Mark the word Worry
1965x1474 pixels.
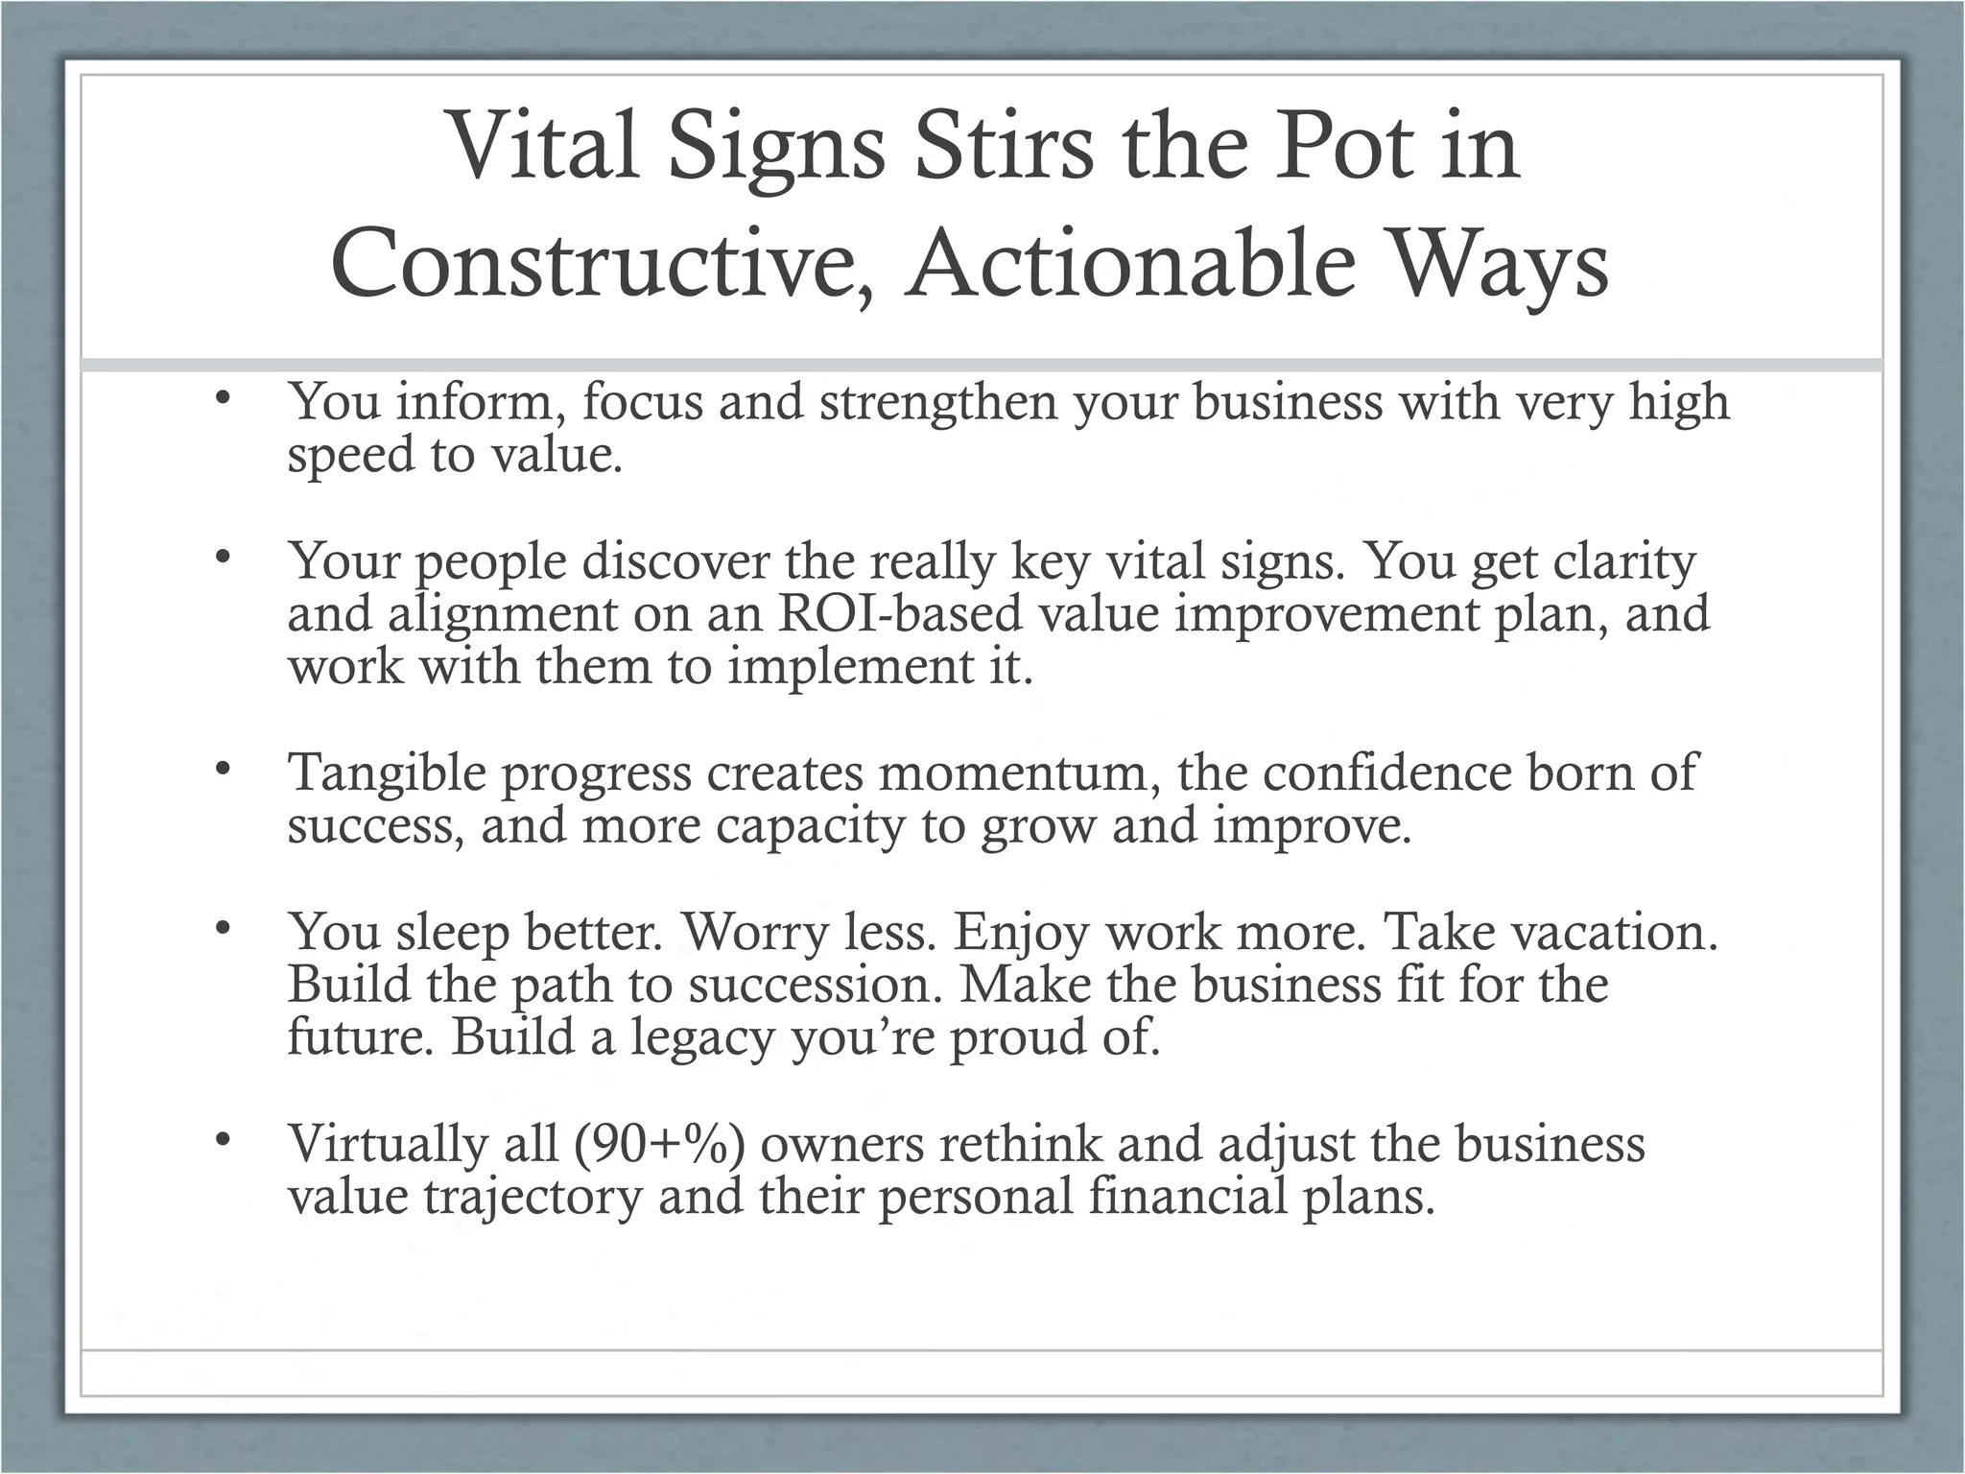(753, 932)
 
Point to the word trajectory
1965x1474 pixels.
(533, 1197)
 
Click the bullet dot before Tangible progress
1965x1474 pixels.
(224, 768)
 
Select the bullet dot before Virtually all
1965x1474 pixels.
(224, 1139)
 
